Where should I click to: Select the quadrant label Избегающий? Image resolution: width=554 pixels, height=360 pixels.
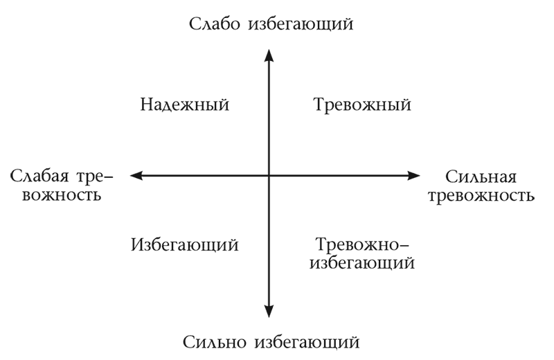tap(184, 244)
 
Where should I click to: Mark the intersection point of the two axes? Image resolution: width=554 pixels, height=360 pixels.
tap(269, 176)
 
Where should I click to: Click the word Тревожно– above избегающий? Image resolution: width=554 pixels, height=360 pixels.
tap(363, 244)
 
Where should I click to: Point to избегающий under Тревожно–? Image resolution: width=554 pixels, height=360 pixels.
tap(363, 263)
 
